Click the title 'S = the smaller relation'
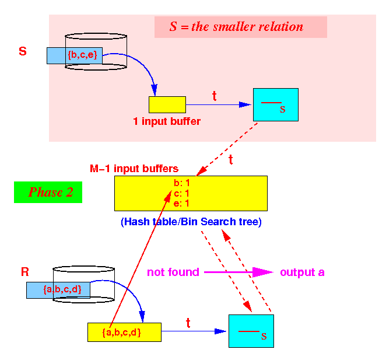[236, 26]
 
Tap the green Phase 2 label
[48, 192]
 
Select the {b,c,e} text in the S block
[82, 54]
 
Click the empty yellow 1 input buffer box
[167, 104]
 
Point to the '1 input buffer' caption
[167, 121]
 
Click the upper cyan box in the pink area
[276, 104]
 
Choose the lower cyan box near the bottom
[251, 331]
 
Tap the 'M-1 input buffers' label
[134, 169]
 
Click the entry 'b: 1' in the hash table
[182, 183]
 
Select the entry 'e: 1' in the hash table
[181, 203]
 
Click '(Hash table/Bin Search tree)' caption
[191, 222]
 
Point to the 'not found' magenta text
[173, 272]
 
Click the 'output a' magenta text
[302, 272]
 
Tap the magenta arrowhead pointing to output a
[263, 272]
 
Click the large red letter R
[25, 272]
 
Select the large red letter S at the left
[23, 51]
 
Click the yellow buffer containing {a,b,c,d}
[124, 332]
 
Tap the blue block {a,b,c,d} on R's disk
[58, 290]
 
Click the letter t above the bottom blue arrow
[188, 323]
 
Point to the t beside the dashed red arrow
[231, 159]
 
